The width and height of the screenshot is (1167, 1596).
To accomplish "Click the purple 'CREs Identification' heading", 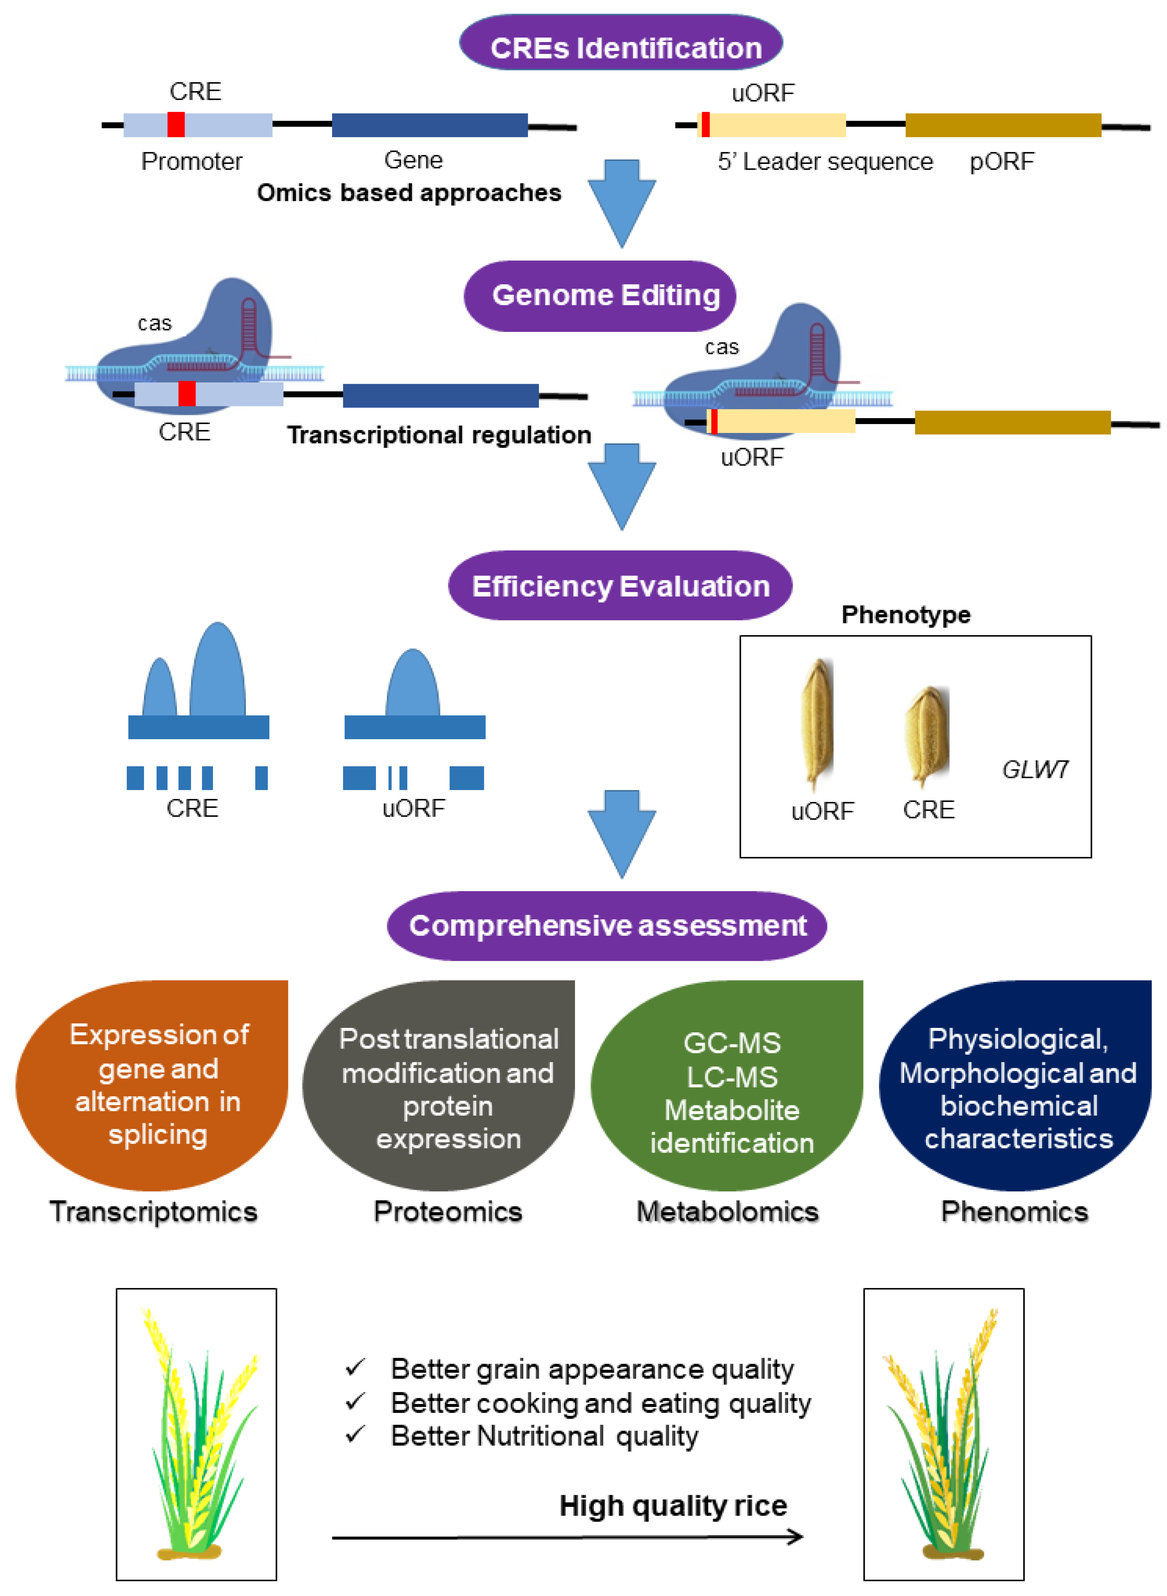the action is click(x=621, y=43).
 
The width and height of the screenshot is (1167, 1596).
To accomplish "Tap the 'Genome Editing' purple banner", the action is click(x=600, y=296).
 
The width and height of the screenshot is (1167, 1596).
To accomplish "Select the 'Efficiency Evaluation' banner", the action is click(x=620, y=586).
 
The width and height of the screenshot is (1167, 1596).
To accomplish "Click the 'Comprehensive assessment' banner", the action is click(x=607, y=925).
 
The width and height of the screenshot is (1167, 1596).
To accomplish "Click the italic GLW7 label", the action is click(x=1035, y=769).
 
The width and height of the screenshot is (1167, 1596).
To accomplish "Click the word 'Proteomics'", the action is click(x=448, y=1212).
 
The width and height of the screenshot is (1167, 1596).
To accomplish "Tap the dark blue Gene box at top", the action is click(x=429, y=125).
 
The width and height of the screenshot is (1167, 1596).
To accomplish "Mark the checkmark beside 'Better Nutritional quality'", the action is click(x=355, y=1434).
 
